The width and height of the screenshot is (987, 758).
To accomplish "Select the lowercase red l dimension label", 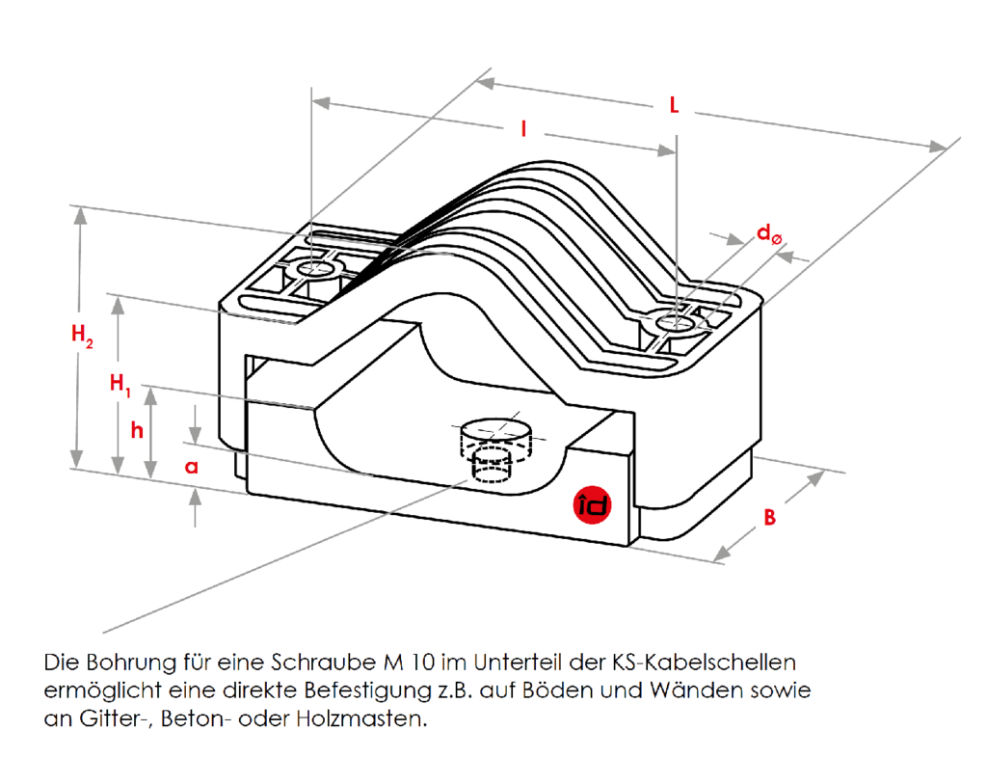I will (x=523, y=128).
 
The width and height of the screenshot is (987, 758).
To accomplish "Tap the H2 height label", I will (x=83, y=336).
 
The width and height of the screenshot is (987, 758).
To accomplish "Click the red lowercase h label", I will (x=137, y=430).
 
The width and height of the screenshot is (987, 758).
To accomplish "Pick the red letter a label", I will (x=191, y=467).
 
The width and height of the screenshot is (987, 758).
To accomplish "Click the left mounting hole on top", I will (x=311, y=268).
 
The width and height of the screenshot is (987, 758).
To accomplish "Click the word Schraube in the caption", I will (x=319, y=663).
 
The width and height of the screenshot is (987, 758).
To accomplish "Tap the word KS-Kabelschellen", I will (x=704, y=663).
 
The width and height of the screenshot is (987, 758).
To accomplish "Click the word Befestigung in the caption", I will (x=358, y=691).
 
